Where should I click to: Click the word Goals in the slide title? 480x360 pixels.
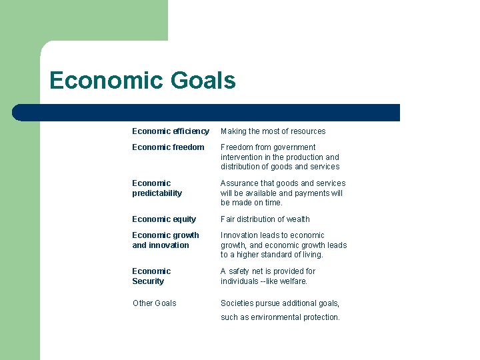(x=203, y=81)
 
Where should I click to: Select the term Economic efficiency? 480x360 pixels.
(x=171, y=131)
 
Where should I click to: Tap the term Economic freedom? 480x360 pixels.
(x=168, y=147)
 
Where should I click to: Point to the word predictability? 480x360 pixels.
(x=157, y=193)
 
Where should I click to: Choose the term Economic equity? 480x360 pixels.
(x=164, y=219)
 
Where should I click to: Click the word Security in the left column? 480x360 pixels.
(x=148, y=281)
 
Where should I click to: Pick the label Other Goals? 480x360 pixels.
(x=155, y=303)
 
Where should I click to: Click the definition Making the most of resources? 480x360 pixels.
(x=273, y=131)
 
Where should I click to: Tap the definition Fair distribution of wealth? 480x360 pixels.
(x=265, y=219)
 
